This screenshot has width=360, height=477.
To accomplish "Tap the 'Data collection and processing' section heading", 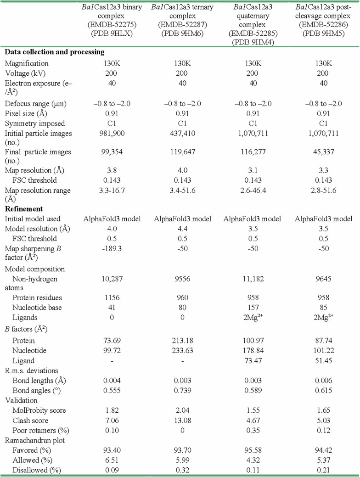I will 55,52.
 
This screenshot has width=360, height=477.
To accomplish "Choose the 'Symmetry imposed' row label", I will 34,124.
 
